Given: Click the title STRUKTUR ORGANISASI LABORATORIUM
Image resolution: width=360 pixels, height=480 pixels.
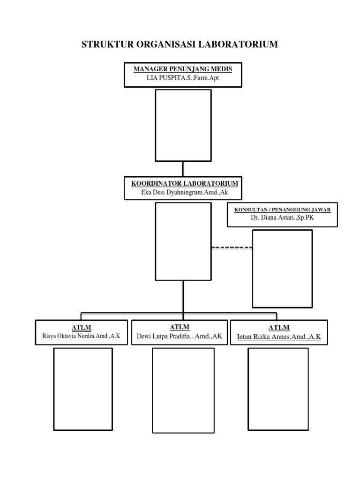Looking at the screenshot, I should tap(180, 45).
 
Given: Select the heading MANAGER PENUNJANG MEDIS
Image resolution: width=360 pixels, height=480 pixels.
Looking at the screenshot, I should tap(183, 69).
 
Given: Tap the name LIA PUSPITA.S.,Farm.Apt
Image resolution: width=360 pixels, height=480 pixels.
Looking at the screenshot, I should tap(183, 78).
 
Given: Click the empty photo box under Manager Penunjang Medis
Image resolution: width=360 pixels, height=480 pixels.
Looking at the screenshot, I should tap(183, 125).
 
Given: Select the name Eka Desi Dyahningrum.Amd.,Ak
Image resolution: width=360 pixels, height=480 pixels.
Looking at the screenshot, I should tap(184, 192).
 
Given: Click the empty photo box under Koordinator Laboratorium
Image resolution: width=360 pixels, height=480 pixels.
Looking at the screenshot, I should tap(183, 241).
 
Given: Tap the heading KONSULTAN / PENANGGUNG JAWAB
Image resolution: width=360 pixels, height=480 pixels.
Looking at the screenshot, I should tap(282, 210).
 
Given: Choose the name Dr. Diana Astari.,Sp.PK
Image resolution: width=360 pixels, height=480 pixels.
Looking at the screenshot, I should tap(282, 218).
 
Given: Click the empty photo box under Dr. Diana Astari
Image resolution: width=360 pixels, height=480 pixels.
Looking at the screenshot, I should tap(282, 269).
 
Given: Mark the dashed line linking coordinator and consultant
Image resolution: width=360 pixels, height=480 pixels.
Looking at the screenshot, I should tap(232, 247).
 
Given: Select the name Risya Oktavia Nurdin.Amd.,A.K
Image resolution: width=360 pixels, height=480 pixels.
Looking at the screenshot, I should tap(82, 337).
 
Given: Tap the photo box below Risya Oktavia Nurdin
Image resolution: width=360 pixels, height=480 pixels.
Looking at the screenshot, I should tap(83, 389).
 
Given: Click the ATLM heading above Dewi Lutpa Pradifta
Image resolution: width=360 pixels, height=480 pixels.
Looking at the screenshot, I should tap(180, 327).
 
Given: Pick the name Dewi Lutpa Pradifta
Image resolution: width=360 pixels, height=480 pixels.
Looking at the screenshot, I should tap(180, 337).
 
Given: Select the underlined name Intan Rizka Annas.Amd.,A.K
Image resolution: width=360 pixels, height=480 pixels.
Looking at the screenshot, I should tap(279, 337).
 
